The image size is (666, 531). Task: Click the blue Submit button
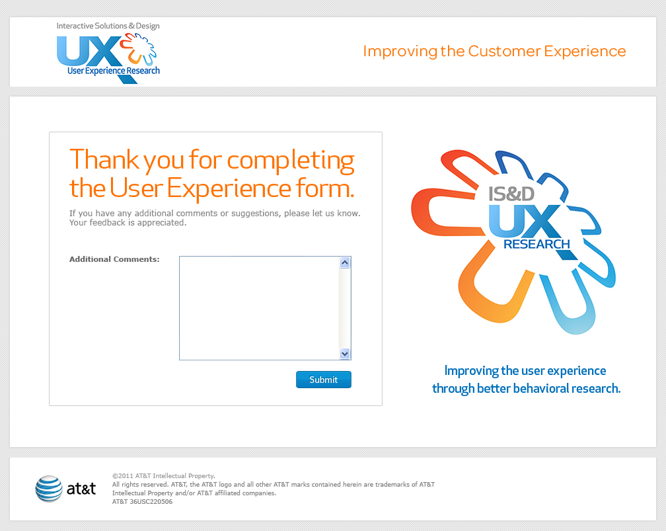[324, 380]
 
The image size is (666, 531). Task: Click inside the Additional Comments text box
[259, 308]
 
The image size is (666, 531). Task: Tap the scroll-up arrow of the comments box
[345, 263]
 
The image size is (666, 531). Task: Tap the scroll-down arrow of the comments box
[345, 354]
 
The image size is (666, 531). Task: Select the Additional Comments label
[114, 259]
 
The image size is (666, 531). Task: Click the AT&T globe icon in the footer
[49, 489]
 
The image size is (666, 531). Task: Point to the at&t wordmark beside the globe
[81, 489]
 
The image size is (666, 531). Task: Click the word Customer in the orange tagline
[504, 51]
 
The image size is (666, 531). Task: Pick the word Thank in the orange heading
[104, 159]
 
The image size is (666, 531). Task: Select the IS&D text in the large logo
[511, 194]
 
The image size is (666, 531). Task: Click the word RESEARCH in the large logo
[536, 245]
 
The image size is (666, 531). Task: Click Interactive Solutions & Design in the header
[108, 26]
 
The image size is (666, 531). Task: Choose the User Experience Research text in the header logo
[114, 71]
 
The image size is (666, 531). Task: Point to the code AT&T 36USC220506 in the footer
[142, 502]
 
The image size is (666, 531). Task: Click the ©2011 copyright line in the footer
[164, 476]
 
